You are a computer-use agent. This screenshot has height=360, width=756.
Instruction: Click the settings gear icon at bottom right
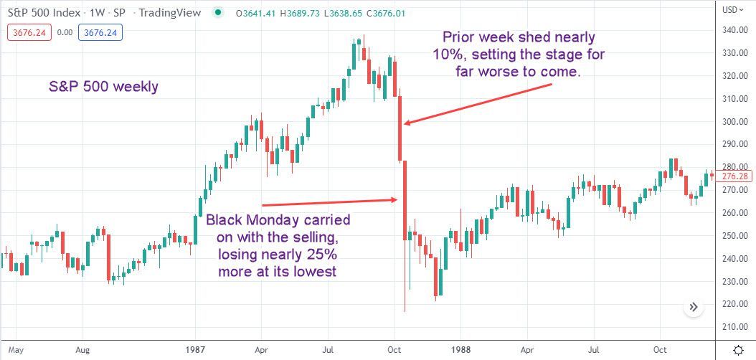pyautogui.click(x=738, y=349)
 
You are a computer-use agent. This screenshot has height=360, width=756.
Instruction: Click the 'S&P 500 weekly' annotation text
pyautogui.click(x=103, y=87)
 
